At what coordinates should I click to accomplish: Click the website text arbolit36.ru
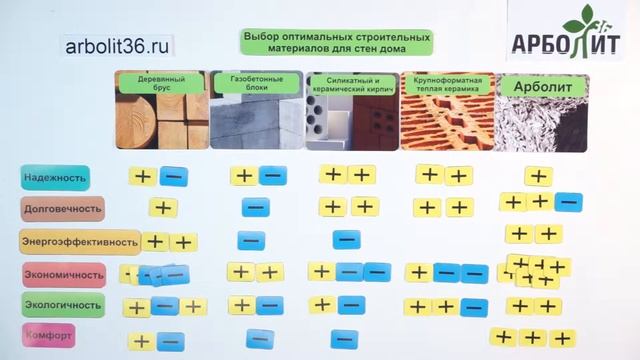point(117,46)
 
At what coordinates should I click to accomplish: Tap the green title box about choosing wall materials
point(337,41)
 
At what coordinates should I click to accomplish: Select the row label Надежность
point(55,178)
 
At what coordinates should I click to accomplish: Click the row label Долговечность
point(62,209)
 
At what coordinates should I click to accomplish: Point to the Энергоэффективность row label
point(79,241)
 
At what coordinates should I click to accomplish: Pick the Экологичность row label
point(62,304)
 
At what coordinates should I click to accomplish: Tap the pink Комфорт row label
point(49,336)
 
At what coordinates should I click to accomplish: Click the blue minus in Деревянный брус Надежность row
point(174,176)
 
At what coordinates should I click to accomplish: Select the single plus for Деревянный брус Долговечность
point(163,208)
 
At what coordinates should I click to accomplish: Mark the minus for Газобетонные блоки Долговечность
point(255,208)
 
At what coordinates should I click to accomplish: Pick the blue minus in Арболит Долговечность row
point(568,202)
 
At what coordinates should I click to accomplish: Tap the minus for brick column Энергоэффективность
point(346,239)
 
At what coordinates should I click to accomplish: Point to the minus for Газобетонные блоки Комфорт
point(258,336)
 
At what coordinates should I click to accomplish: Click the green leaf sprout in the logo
point(580,19)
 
